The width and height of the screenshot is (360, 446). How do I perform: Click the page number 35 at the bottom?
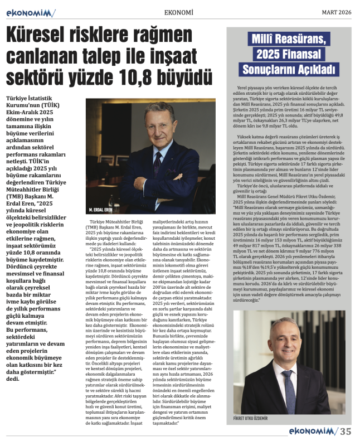(346, 431)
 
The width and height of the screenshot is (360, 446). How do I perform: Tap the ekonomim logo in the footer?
(313, 431)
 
